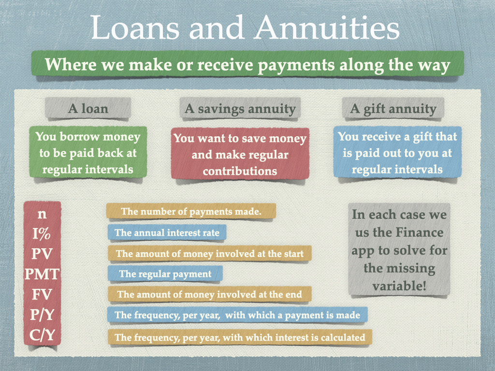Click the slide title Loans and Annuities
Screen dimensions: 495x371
[245, 28]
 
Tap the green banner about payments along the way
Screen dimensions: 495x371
[247, 64]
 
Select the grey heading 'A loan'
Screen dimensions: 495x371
[88, 109]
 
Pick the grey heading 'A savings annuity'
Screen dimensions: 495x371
[240, 109]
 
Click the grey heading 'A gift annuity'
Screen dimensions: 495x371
[393, 109]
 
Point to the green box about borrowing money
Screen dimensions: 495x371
[88, 153]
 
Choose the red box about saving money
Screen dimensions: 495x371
[240, 154]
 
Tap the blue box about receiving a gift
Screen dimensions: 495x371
[397, 153]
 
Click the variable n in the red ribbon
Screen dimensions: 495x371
[42, 214]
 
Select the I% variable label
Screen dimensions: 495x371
[42, 234]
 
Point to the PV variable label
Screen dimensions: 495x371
[42, 254]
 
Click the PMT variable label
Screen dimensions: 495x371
[42, 274]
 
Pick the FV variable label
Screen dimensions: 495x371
[42, 294]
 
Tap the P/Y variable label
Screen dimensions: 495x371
[42, 314]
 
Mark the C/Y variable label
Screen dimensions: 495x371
[42, 335]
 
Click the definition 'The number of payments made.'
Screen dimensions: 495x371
[191, 211]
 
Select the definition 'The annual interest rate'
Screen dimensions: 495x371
[167, 232]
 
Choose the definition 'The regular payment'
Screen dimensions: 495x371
[165, 273]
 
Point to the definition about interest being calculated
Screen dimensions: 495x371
[240, 337]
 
